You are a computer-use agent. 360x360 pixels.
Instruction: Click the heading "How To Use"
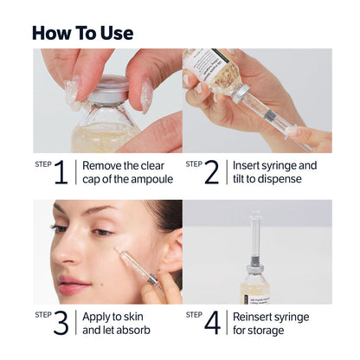coord(82,33)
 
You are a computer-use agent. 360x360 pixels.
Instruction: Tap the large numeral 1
coord(60,172)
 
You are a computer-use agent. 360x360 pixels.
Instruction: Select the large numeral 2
coord(211,172)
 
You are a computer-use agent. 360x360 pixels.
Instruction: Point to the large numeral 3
coord(60,322)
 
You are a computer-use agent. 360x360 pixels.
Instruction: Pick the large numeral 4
coord(212,322)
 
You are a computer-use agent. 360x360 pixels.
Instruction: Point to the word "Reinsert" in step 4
coord(254,316)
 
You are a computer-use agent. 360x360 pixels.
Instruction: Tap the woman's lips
coord(73,286)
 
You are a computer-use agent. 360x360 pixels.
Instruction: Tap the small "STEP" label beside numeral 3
coord(42,314)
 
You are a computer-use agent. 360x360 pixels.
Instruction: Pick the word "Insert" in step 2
coord(247,165)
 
